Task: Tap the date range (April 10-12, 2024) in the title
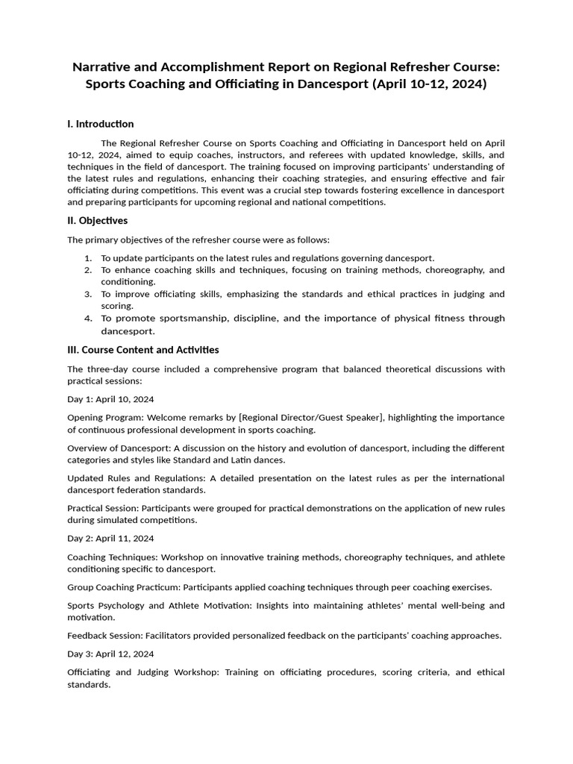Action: (428, 84)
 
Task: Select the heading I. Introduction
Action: (101, 124)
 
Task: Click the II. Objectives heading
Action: (98, 221)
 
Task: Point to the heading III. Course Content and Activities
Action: (143, 349)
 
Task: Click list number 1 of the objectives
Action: (88, 257)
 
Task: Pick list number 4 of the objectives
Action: (88, 319)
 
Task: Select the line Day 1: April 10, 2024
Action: (110, 399)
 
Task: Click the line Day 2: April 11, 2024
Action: (110, 538)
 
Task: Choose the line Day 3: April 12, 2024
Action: (110, 654)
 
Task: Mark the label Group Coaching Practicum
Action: (123, 587)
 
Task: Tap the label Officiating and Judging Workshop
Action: (154, 672)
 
